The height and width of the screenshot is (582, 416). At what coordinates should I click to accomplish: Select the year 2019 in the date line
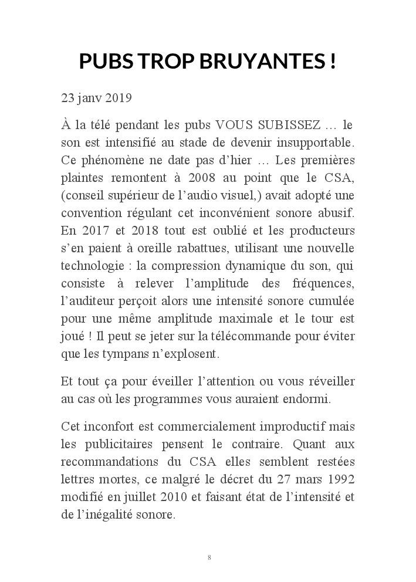(x=119, y=97)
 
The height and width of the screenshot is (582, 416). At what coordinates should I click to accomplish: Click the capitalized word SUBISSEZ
(x=297, y=126)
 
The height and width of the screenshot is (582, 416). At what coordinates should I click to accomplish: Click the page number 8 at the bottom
(x=209, y=557)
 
